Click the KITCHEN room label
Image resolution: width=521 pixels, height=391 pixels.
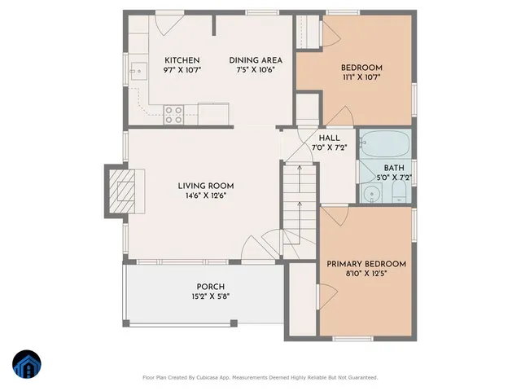182,60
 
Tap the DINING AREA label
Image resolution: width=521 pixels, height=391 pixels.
256,60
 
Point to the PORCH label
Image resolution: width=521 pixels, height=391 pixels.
210,287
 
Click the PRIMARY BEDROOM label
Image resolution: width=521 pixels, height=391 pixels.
366,264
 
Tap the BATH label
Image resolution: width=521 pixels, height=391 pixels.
394,168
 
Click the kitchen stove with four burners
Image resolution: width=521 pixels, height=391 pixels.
173,115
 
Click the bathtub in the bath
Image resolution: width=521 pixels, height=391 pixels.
386,146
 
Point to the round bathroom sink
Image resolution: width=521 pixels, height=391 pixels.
371,194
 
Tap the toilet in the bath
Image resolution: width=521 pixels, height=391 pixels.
400,192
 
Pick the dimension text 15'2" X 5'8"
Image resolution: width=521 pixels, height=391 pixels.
210,297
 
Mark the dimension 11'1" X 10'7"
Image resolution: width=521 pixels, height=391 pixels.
361,77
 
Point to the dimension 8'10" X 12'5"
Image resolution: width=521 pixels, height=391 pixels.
366,274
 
